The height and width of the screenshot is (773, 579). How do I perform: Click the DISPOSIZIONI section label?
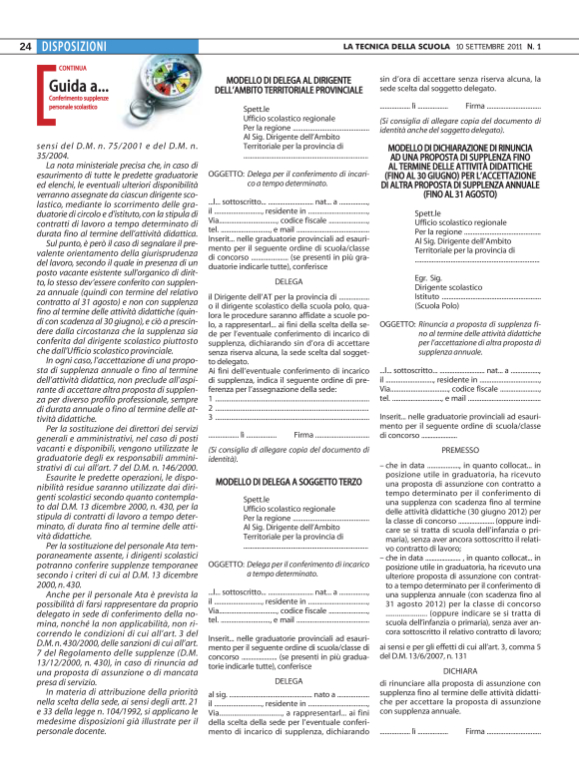[x=74, y=47]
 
